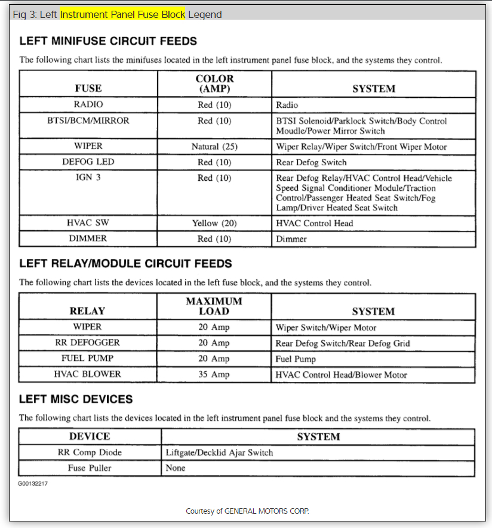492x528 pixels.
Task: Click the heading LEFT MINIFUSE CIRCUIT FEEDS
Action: pyautogui.click(x=108, y=41)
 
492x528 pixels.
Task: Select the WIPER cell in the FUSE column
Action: pyautogui.click(x=88, y=146)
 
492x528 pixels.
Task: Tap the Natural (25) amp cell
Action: pyautogui.click(x=214, y=147)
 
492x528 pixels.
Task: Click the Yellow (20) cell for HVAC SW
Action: pyautogui.click(x=214, y=223)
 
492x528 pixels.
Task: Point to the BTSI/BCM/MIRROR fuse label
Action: pyautogui.click(x=88, y=121)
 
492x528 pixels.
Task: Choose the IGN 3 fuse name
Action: pyautogui.click(x=88, y=178)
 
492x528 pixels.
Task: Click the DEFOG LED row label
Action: pyautogui.click(x=88, y=162)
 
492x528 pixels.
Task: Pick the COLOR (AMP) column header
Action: pyautogui.click(x=214, y=84)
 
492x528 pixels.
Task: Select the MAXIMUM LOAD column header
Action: pyautogui.click(x=214, y=306)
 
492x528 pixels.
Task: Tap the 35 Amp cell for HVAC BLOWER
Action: pyautogui.click(x=214, y=375)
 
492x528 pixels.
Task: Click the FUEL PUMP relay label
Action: pyautogui.click(x=88, y=359)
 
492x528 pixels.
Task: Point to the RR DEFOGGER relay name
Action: pyautogui.click(x=88, y=342)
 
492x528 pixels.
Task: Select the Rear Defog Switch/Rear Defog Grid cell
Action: pyautogui.click(x=343, y=343)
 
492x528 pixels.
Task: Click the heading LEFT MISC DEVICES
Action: pyautogui.click(x=76, y=399)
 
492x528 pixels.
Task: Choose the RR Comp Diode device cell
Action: pyautogui.click(x=90, y=452)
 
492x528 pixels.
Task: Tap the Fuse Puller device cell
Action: pyautogui.click(x=90, y=468)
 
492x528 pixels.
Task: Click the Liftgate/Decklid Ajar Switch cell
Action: pyautogui.click(x=220, y=452)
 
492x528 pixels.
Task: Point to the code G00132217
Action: pyautogui.click(x=32, y=484)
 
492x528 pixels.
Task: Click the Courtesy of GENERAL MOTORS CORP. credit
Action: pyautogui.click(x=247, y=511)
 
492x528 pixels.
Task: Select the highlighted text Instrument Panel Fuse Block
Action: pyautogui.click(x=122, y=14)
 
